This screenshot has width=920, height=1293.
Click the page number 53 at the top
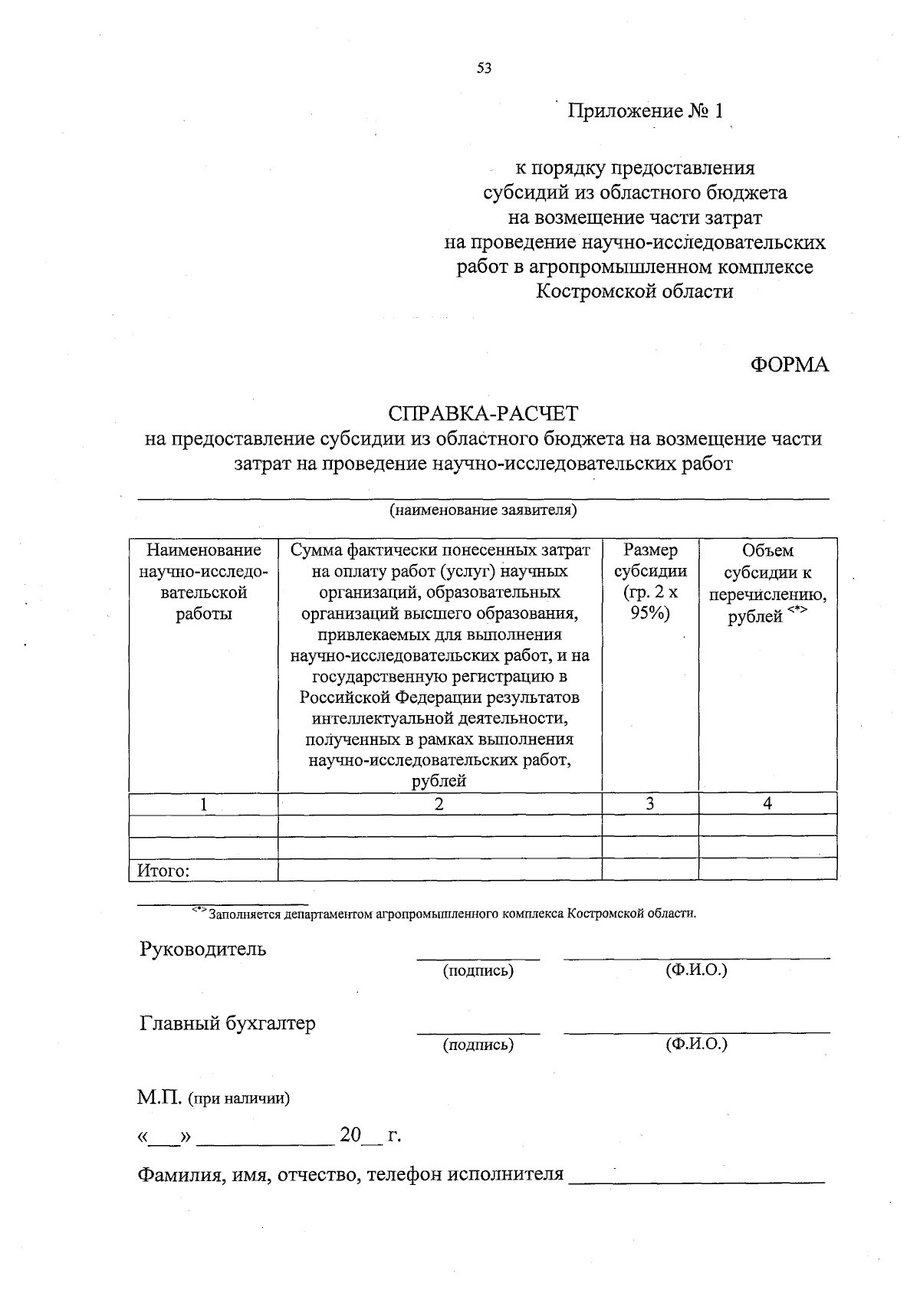(x=483, y=68)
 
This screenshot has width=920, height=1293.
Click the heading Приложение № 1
(x=645, y=112)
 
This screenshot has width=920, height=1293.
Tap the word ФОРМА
(x=789, y=365)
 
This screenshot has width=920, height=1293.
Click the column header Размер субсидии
(x=650, y=582)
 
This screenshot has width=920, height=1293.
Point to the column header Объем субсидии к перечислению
(x=767, y=583)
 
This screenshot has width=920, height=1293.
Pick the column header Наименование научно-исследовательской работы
(x=203, y=582)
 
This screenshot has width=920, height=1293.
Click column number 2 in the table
(x=439, y=803)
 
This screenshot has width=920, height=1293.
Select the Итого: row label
(x=163, y=871)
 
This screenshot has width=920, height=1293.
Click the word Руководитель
(x=203, y=949)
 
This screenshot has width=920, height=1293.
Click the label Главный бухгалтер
(x=227, y=1023)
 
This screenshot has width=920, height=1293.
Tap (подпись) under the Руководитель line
(x=478, y=971)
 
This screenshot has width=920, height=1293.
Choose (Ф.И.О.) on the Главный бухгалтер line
(x=696, y=1044)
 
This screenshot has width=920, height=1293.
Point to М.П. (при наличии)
(x=214, y=1098)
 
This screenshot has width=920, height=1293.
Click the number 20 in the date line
(x=350, y=1135)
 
